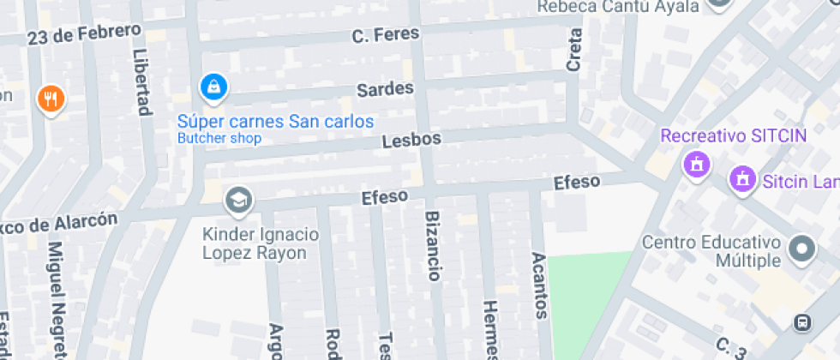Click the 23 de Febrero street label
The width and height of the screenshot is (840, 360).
coord(83,35)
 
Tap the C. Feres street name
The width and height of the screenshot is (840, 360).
coord(386,35)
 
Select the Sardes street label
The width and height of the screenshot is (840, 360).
coord(385,89)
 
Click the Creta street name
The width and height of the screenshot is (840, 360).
coord(574,50)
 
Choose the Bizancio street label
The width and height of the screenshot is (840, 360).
coord(433,245)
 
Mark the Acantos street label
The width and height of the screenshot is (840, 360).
coord(539,285)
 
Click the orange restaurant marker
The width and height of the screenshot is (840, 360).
coord(51,99)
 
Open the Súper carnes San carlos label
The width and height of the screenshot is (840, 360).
coord(276,121)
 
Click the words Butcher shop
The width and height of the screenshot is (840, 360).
coord(219,138)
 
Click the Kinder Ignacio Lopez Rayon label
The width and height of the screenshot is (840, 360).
coord(261,243)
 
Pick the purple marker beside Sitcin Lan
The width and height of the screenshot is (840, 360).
coord(740,180)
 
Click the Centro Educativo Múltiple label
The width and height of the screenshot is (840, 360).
coord(711,251)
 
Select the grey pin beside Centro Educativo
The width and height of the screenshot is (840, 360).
coord(801,249)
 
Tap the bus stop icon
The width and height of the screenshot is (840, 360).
coord(803,323)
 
